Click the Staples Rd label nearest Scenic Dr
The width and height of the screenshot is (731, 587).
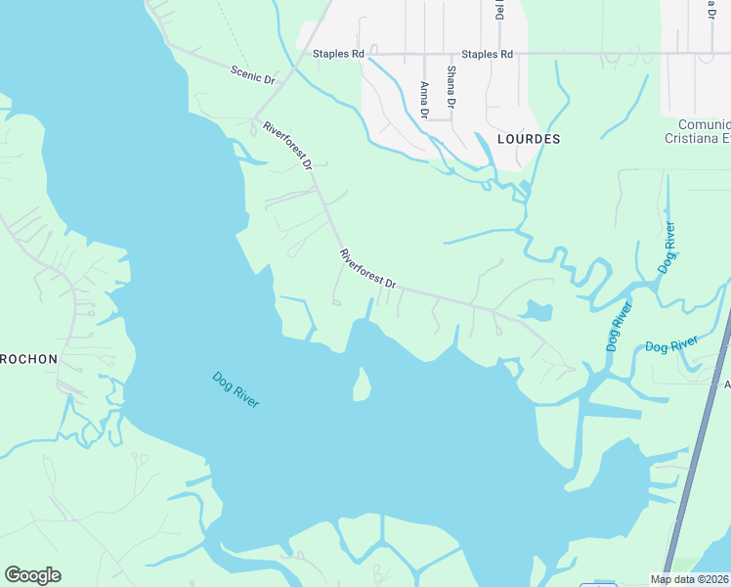337,54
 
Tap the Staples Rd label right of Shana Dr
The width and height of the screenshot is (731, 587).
487,54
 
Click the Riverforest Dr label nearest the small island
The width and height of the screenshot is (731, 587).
367,269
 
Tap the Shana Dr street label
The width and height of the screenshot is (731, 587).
451,87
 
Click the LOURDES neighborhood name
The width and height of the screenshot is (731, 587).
529,139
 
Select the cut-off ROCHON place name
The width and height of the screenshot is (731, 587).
29,359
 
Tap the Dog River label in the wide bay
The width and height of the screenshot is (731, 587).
236,389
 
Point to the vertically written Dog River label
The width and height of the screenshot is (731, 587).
666,248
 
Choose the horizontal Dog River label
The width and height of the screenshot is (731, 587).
671,344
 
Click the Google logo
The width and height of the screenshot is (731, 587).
32,575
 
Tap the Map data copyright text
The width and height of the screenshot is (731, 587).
690,579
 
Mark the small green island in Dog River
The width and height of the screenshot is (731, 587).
362,384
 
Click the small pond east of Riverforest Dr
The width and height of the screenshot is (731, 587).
536,312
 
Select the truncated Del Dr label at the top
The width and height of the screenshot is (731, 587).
499,10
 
